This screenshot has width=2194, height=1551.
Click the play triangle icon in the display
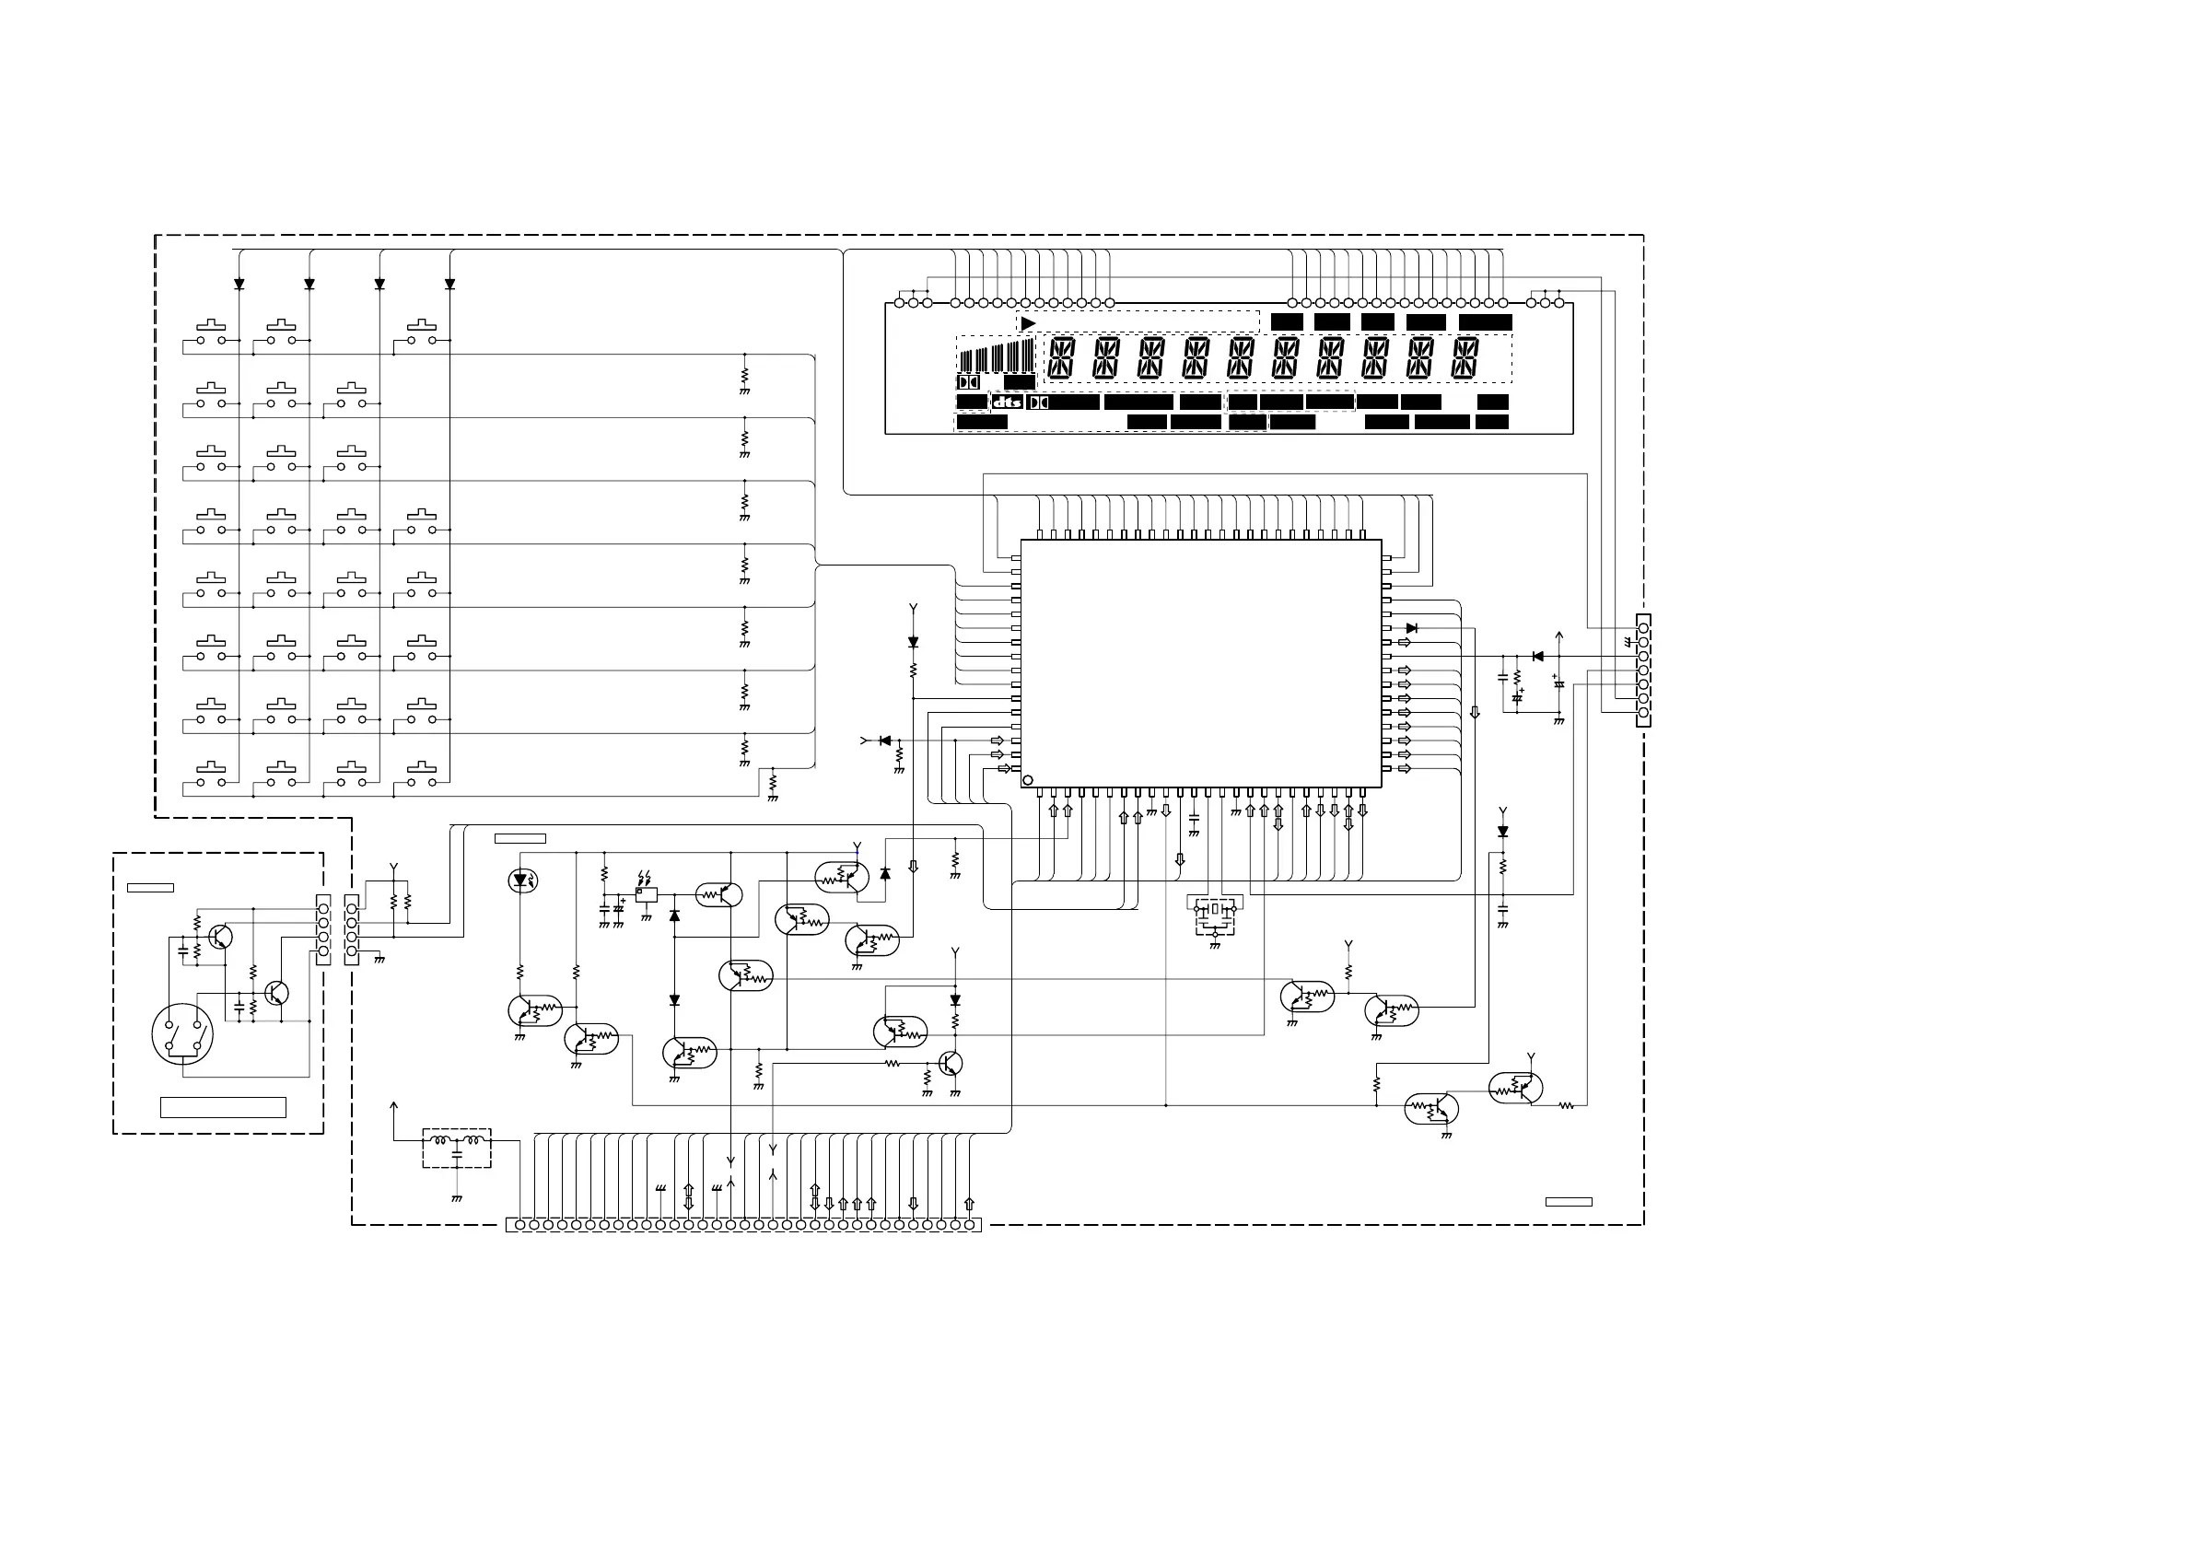point(1027,324)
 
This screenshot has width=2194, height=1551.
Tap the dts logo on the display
point(1007,402)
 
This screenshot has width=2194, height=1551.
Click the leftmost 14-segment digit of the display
point(1061,358)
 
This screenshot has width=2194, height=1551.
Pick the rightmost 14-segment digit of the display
point(1465,358)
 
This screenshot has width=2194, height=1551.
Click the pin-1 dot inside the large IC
point(1028,781)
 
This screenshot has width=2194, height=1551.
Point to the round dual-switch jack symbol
point(182,1034)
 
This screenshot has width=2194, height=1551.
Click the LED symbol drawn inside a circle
point(521,880)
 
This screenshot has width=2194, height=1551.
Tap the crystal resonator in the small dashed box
point(1215,911)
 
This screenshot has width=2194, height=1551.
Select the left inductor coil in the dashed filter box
point(441,1140)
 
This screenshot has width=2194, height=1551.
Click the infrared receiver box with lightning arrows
point(646,894)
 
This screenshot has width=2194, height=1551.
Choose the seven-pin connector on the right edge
point(1642,670)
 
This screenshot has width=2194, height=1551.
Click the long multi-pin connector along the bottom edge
point(743,1224)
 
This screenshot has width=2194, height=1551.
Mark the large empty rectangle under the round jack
point(223,1107)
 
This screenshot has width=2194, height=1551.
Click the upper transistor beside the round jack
point(221,937)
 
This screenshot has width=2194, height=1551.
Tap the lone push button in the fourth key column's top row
point(422,333)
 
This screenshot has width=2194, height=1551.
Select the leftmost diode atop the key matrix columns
point(239,285)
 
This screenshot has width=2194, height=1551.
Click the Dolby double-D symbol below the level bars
point(967,382)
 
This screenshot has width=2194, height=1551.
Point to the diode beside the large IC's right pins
point(1411,628)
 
